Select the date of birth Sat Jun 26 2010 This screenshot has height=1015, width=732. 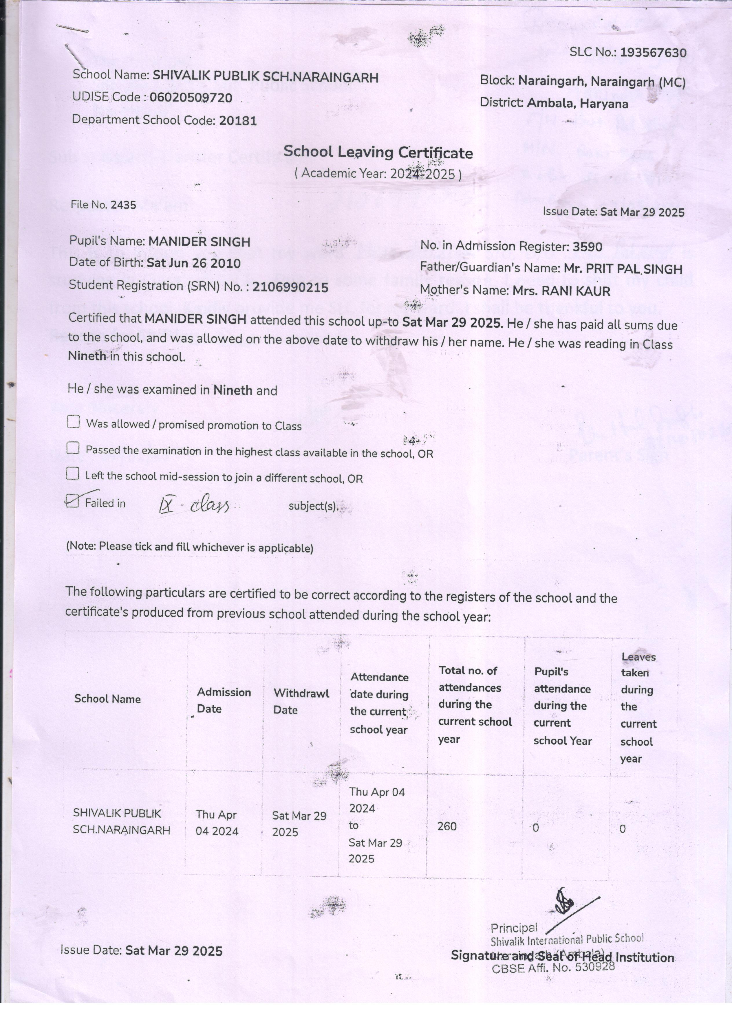[x=193, y=263]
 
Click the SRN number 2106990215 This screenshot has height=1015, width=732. [x=290, y=287]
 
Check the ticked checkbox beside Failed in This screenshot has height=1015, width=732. [x=72, y=501]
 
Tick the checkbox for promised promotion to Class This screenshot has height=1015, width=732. [x=73, y=422]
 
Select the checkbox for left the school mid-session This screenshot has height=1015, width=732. [x=72, y=473]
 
